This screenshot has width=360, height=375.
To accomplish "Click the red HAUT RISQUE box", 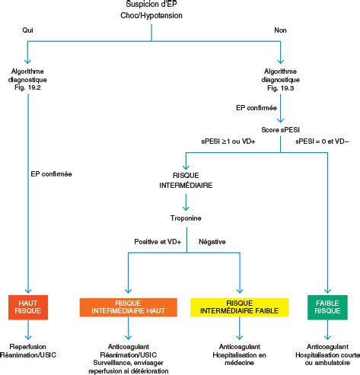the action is (x=28, y=307).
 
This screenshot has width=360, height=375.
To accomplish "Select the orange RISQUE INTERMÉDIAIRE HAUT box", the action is (x=129, y=307).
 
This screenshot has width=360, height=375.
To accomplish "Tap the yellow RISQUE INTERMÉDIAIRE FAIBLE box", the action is (x=240, y=307).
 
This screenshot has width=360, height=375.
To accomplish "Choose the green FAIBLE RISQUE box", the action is (x=327, y=307).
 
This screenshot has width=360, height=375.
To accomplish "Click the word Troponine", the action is (x=186, y=218).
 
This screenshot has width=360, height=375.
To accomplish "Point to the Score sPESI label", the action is (x=281, y=130).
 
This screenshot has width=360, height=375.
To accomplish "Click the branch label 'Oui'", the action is (x=27, y=30).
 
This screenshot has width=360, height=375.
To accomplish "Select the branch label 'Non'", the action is (x=280, y=30).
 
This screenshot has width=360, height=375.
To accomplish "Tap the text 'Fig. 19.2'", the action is (x=27, y=87).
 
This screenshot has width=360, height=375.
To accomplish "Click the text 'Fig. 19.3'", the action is (x=281, y=88).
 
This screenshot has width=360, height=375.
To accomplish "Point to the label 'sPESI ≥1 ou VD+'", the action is (x=228, y=141).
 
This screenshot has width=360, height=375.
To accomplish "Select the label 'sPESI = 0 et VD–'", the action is (x=322, y=141).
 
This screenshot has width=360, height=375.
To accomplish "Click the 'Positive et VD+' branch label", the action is (x=158, y=242).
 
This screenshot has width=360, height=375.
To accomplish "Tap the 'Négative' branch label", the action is (x=212, y=242).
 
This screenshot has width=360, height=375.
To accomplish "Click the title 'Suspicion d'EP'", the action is (x=151, y=4).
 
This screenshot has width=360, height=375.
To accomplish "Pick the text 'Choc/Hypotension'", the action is (x=151, y=15).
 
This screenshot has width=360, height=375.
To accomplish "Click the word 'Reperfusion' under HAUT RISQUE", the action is (x=28, y=347).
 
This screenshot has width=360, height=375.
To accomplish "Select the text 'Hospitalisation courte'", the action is (x=327, y=354).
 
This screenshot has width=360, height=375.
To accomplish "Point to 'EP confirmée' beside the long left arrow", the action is (x=51, y=174).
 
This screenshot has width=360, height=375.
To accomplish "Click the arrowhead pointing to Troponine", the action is (x=186, y=208).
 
